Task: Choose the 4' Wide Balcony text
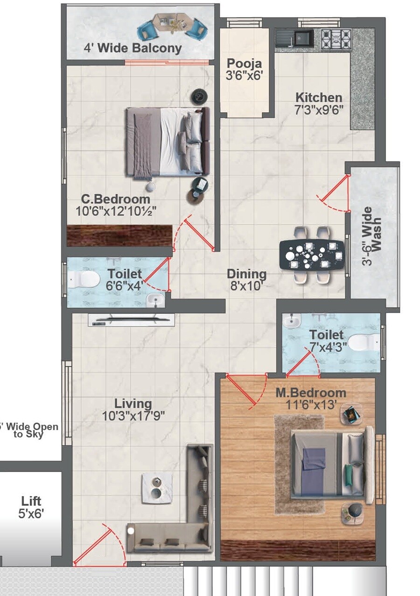click(133, 48)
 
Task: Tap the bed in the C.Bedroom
click(167, 142)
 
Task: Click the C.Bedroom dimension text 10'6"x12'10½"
click(116, 211)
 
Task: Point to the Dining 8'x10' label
click(246, 280)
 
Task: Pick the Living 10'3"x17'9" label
click(133, 409)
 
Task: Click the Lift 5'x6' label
click(31, 507)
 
